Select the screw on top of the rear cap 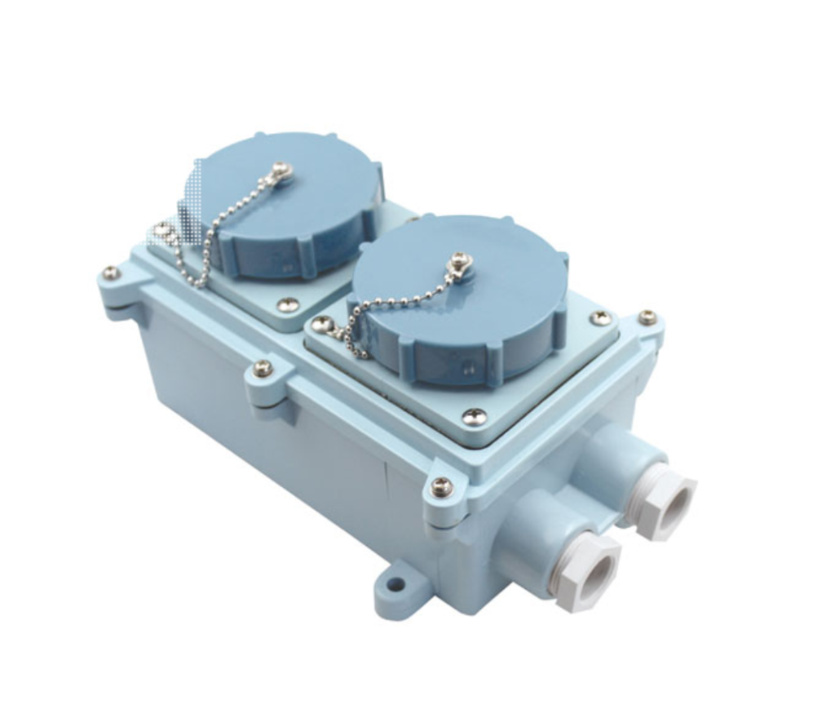(x=282, y=171)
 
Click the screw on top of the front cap (x=462, y=262)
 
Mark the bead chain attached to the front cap (x=391, y=310)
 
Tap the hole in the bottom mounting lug (x=395, y=584)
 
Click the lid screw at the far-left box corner (x=110, y=273)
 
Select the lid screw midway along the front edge (x=263, y=368)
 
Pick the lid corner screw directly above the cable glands (x=441, y=487)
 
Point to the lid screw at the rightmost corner (x=647, y=317)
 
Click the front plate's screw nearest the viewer (x=474, y=417)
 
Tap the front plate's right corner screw (x=601, y=317)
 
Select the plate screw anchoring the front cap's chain (x=323, y=324)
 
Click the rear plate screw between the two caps (x=287, y=304)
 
